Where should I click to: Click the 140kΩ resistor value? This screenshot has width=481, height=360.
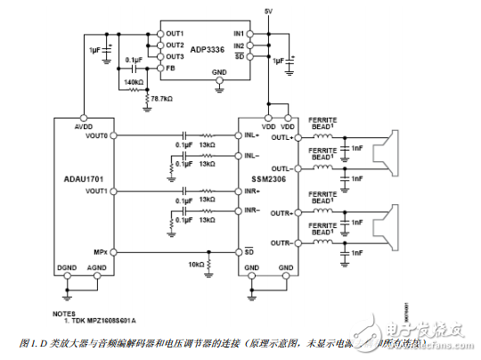point(134,82)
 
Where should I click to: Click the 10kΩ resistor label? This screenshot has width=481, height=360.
point(194,265)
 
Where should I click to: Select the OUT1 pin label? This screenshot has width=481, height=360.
point(174,34)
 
